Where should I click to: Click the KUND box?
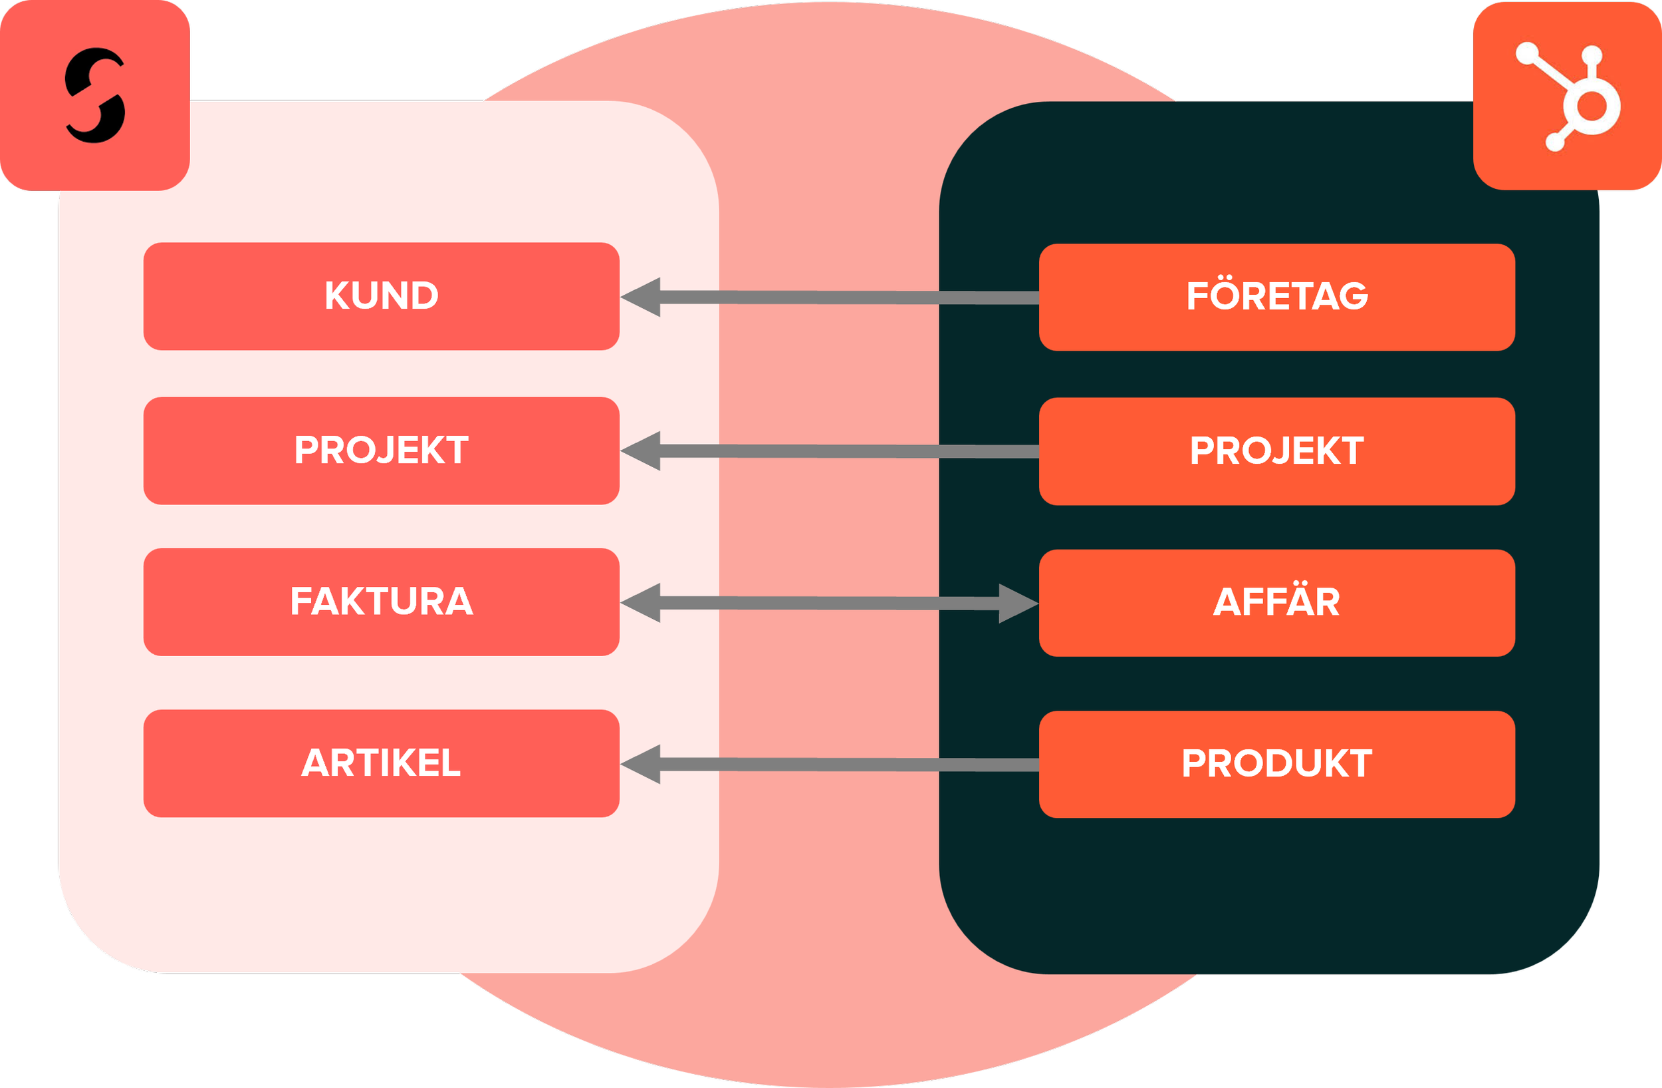(382, 296)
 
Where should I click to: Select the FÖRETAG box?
(1276, 297)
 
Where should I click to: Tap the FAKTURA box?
(382, 602)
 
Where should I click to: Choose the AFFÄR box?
(1276, 602)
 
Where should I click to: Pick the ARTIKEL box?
(382, 763)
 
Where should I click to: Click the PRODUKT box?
(1276, 764)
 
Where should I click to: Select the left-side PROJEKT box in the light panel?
(382, 451)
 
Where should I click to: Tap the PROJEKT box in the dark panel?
(1276, 451)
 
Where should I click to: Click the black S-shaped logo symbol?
(96, 96)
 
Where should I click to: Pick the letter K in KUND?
(336, 295)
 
